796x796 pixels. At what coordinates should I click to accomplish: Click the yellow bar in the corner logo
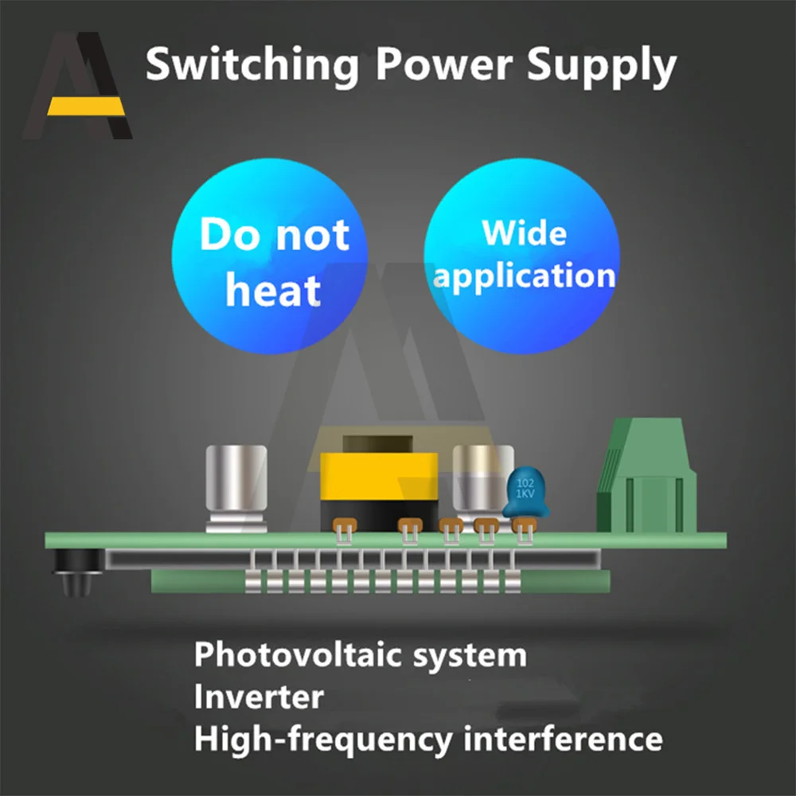pos(84,106)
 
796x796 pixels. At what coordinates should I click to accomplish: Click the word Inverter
pos(259,697)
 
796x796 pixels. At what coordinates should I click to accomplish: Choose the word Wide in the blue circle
pos(524,233)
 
